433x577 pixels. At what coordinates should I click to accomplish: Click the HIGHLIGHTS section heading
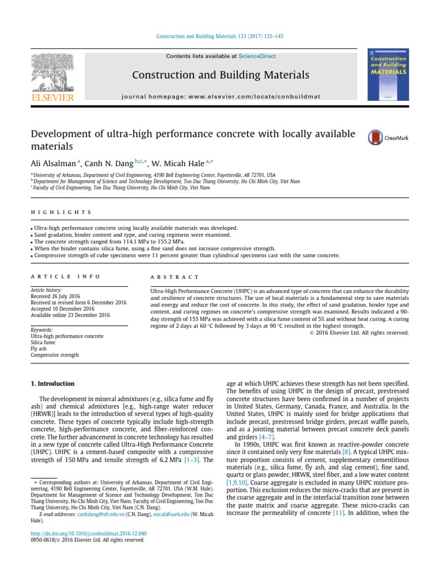tap(61, 212)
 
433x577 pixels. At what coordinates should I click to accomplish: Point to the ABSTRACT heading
tap(174, 277)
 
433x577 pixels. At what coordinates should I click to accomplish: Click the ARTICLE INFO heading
tap(65, 277)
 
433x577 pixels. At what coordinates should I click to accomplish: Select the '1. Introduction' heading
tap(52, 384)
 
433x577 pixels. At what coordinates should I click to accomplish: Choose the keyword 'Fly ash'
tap(41, 349)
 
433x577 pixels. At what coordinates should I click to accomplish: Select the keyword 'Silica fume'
tap(45, 343)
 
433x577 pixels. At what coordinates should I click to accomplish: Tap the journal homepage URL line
tap(221, 96)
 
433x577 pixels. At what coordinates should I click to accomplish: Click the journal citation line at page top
tap(219, 36)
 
